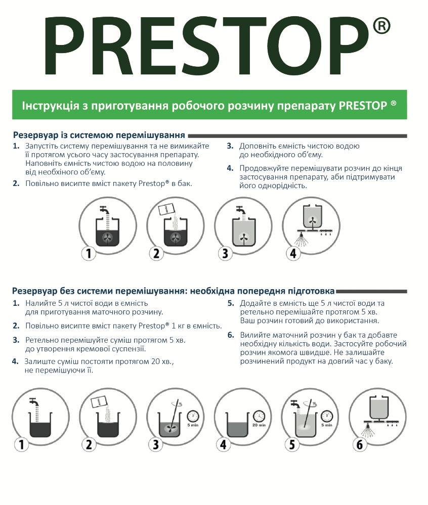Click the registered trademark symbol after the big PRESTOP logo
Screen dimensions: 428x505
[x=381, y=26]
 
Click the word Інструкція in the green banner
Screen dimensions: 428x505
[x=51, y=105]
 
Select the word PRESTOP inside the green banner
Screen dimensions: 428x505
[x=363, y=105]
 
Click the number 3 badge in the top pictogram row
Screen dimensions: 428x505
[x=225, y=253]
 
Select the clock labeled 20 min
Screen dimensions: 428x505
[x=259, y=417]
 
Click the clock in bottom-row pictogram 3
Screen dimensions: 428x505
[x=193, y=417]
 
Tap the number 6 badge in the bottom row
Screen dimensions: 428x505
[x=359, y=445]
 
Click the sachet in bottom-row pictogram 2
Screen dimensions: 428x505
[x=99, y=401]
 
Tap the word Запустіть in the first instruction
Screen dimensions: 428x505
[x=41, y=146]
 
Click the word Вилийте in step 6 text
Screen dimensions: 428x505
[x=253, y=335]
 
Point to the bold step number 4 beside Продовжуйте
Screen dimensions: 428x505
[x=230, y=168]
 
